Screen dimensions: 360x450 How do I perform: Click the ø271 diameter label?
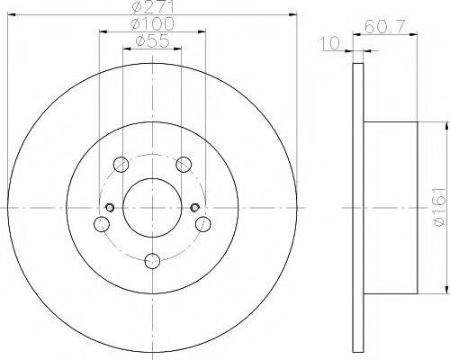point(150,6)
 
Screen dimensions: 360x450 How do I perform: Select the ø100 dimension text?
point(150,23)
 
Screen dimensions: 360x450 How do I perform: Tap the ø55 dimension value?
point(150,41)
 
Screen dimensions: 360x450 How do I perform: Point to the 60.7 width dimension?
point(385,28)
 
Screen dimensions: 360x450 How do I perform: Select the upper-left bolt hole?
point(121,164)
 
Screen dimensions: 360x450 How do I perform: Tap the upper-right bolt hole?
point(183,164)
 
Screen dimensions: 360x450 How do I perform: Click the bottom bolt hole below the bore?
point(151,260)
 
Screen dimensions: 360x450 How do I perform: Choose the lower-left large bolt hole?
point(102,223)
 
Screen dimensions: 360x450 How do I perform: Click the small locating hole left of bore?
point(109,209)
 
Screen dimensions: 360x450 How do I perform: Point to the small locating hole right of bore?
point(194,209)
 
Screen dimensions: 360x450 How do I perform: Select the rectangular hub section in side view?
point(390,207)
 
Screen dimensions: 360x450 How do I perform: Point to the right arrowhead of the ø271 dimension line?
point(292,14)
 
